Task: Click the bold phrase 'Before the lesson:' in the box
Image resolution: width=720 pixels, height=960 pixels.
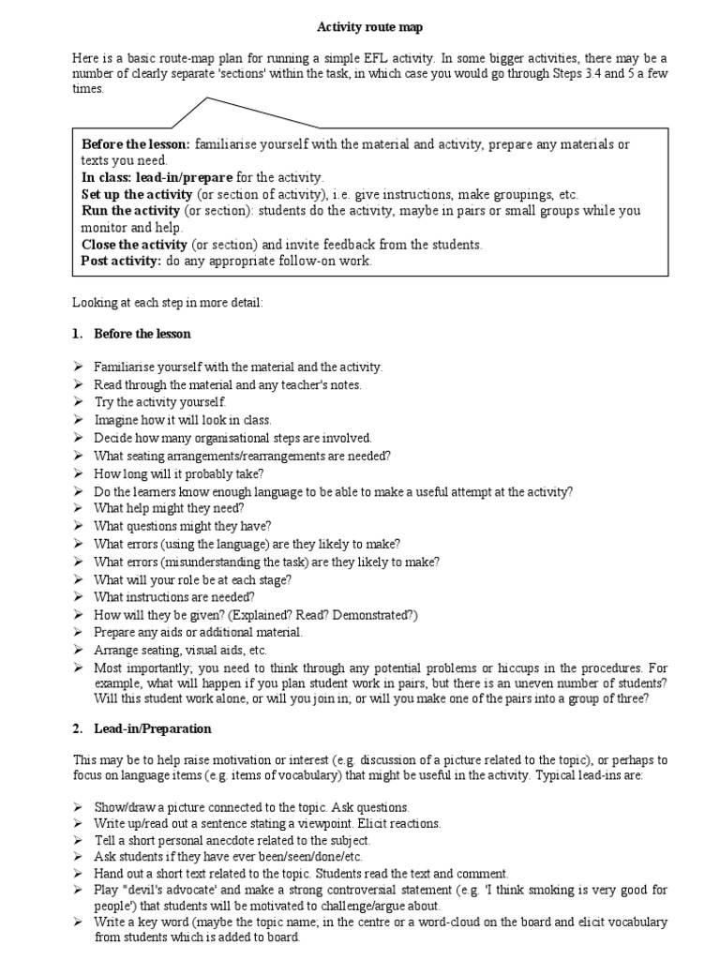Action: [x=136, y=144]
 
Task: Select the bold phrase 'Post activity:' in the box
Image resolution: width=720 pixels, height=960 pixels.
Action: [x=122, y=261]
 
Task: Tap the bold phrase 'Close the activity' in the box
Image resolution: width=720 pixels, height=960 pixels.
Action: [x=134, y=244]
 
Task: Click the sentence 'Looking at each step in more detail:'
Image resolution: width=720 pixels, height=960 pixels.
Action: [x=170, y=302]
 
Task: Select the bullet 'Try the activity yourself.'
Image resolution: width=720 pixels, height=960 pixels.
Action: [x=160, y=401]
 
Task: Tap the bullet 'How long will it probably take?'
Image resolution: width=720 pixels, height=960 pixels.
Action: [x=179, y=473]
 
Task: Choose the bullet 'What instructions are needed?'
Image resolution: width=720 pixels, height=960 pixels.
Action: [x=174, y=596]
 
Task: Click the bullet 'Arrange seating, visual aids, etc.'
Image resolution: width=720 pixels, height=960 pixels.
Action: [x=181, y=649]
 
